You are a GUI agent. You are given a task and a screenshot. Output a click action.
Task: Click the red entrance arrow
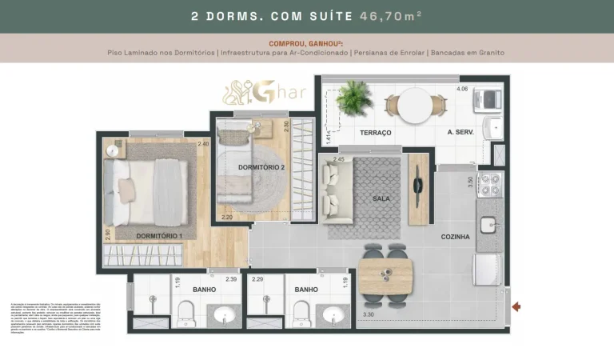point(516,306)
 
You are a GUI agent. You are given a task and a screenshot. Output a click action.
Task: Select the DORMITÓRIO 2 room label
point(261,167)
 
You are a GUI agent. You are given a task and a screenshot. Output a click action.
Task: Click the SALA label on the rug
point(381,198)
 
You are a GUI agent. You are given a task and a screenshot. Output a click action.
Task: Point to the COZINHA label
point(455,237)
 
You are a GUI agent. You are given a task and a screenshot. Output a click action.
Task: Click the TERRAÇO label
point(375,132)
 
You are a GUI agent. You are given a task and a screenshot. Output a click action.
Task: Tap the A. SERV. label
point(462,132)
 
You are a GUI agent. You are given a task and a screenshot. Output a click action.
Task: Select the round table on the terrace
point(415,105)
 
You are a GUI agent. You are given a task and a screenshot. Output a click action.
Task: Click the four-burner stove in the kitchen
point(489,185)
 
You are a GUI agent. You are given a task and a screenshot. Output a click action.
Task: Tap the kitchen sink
point(489,225)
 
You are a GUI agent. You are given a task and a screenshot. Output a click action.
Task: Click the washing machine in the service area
point(488,100)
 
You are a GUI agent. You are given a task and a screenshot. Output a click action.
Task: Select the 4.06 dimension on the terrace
point(462,89)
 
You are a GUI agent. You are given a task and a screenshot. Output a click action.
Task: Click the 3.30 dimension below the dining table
point(369,314)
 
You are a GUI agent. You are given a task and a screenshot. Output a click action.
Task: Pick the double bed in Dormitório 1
point(148,191)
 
